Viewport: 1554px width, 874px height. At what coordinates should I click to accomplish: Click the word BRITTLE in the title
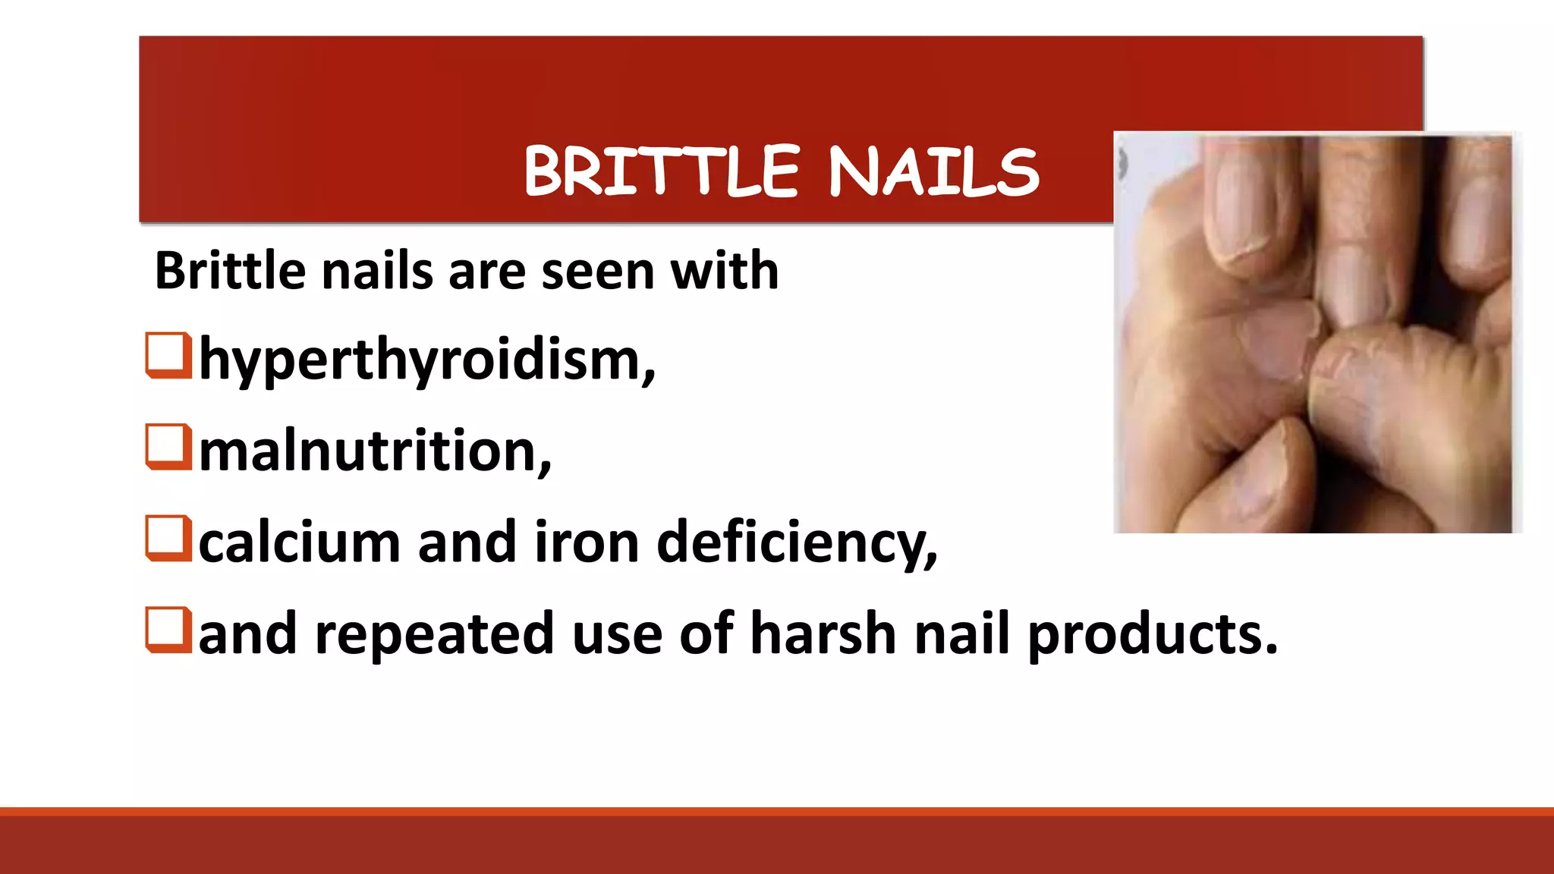[662, 171]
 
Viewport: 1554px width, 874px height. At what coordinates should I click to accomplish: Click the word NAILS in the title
[933, 171]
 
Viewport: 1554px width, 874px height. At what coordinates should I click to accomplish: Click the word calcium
[299, 542]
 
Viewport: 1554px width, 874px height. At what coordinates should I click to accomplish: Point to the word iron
[587, 542]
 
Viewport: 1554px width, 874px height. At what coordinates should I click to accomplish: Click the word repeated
[434, 633]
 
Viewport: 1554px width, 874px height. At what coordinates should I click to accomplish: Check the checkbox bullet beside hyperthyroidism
[168, 355]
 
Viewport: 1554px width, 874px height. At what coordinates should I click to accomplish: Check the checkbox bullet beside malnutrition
[168, 447]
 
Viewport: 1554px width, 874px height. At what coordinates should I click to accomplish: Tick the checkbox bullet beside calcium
[168, 538]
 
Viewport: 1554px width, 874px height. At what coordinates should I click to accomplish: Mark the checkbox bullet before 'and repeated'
[168, 630]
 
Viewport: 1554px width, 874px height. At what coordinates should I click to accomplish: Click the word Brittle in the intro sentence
[229, 271]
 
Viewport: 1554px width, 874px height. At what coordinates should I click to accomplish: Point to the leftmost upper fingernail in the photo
[1244, 205]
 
